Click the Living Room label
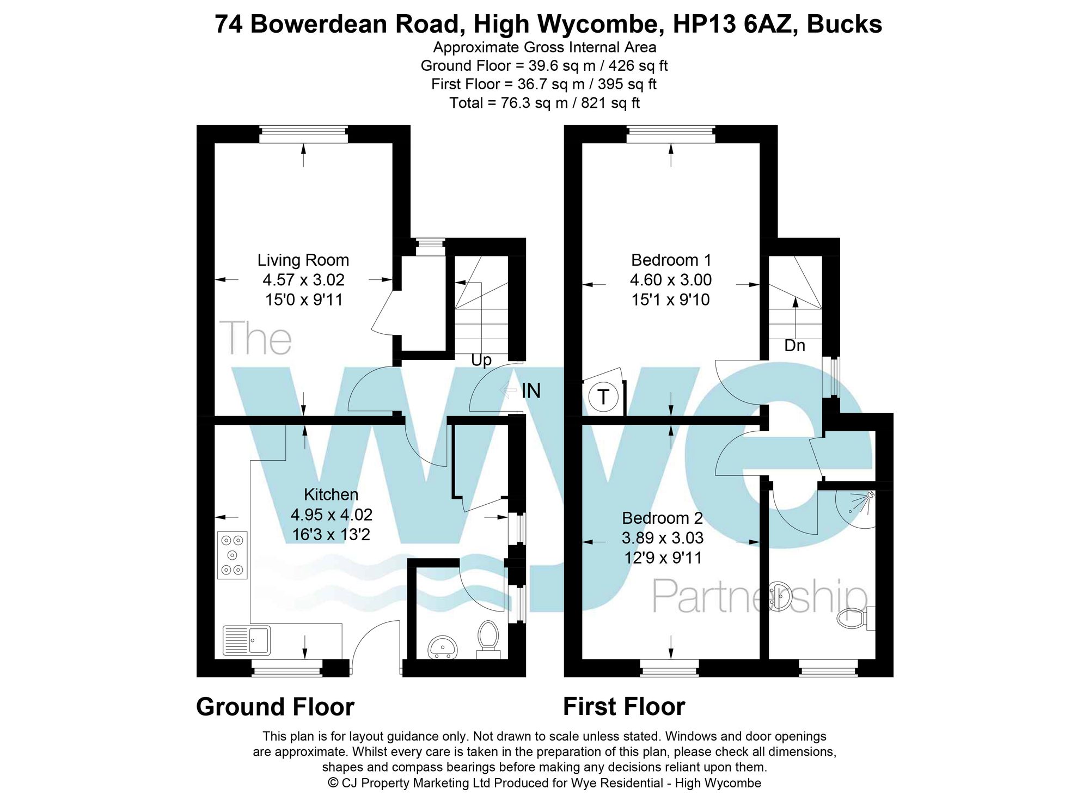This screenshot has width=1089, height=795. pyautogui.click(x=303, y=260)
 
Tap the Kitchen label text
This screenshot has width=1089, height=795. pyautogui.click(x=331, y=494)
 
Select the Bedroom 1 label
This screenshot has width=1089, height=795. pyautogui.click(x=670, y=260)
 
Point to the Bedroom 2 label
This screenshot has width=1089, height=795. pyautogui.click(x=662, y=518)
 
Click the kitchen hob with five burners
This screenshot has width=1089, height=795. pyautogui.click(x=233, y=555)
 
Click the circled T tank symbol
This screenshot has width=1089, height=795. pyautogui.click(x=603, y=397)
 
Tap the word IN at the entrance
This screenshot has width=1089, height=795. pyautogui.click(x=531, y=390)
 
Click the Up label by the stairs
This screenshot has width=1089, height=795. pyautogui.click(x=481, y=360)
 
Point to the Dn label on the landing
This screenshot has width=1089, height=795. pyautogui.click(x=794, y=345)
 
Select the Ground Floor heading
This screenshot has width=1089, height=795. pyautogui.click(x=275, y=707)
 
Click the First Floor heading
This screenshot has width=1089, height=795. pyautogui.click(x=623, y=707)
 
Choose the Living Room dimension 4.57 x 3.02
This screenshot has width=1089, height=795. pyautogui.click(x=303, y=280)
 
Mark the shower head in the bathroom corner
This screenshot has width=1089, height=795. pyautogui.click(x=870, y=494)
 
